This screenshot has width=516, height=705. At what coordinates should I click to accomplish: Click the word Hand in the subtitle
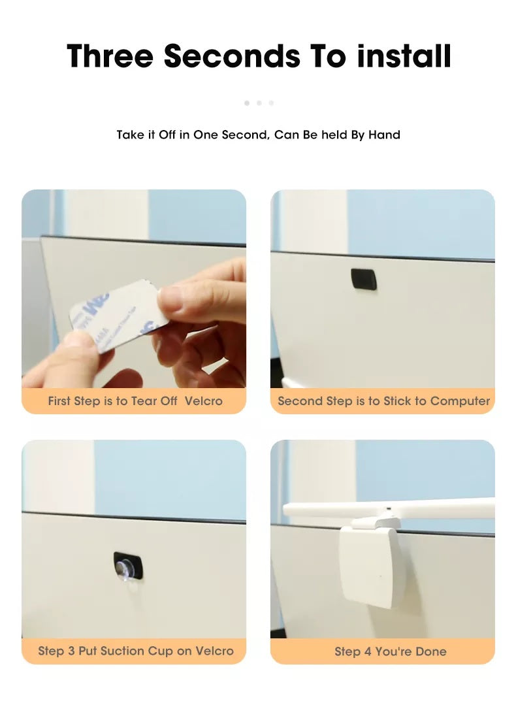(x=384, y=135)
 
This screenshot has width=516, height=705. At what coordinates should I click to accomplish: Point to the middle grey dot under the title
(x=259, y=103)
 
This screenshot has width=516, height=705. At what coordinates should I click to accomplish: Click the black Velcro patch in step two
(x=363, y=279)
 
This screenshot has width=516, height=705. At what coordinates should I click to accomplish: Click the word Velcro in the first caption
(x=204, y=401)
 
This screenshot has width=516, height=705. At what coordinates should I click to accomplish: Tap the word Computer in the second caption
(x=460, y=401)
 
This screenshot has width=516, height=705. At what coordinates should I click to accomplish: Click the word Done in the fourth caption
(x=432, y=651)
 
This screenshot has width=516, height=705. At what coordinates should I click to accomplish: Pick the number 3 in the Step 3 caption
(x=71, y=651)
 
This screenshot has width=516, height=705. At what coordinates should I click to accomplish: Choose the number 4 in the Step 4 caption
(x=368, y=651)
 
